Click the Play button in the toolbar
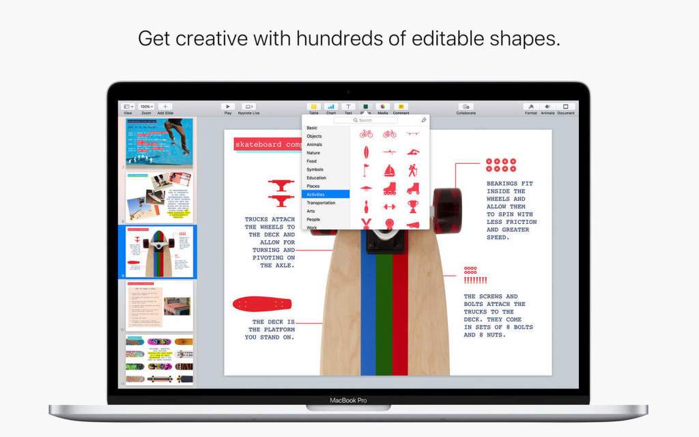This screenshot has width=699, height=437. point(228,107)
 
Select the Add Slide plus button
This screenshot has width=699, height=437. point(165,107)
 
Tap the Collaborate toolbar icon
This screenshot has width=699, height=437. point(466,107)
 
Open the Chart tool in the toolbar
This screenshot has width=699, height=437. point(331,107)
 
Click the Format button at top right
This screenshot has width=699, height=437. point(530,107)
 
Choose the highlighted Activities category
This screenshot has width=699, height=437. point(326,195)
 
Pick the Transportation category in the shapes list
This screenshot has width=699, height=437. point(321,203)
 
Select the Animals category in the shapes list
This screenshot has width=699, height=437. point(314,145)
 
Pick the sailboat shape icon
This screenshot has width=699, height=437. point(389,170)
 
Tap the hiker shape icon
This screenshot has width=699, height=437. point(413,170)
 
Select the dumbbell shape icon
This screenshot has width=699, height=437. point(389,206)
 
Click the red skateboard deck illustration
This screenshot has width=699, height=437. point(262,304)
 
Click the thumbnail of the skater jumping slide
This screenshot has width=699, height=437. point(159,143)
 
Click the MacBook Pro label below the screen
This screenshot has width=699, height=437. point(348,401)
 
